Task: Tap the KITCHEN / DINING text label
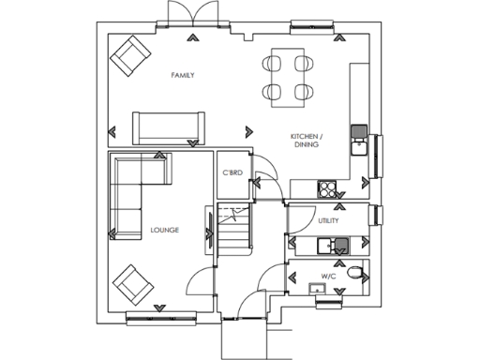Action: [307, 142]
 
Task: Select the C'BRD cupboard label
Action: [232, 173]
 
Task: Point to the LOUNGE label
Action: [165, 230]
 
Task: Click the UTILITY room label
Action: [328, 221]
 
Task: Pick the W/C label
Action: [328, 277]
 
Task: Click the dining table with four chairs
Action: [289, 77]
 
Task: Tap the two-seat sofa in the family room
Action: [169, 127]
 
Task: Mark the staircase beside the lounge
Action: [234, 230]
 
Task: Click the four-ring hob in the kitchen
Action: [328, 188]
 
